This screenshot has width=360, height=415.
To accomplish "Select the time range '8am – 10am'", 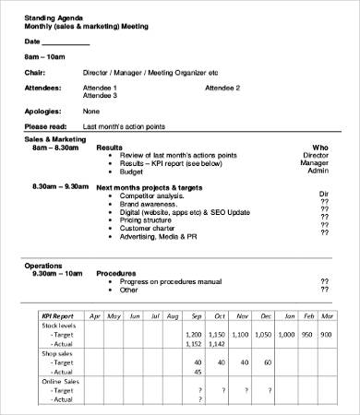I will tap(45, 57).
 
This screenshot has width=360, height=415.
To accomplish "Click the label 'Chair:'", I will tap(35, 72).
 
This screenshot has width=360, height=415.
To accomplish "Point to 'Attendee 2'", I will tap(222, 88).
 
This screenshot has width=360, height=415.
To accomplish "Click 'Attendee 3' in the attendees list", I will tap(101, 95).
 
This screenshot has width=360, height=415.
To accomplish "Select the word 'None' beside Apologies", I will tap(91, 111).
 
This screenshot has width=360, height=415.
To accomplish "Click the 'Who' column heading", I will tap(320, 147).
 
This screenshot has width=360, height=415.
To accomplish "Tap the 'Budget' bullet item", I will tap(131, 171).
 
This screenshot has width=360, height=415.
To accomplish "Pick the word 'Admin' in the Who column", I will tap(318, 171).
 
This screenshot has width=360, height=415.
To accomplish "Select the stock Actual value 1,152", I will tap(194, 344).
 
